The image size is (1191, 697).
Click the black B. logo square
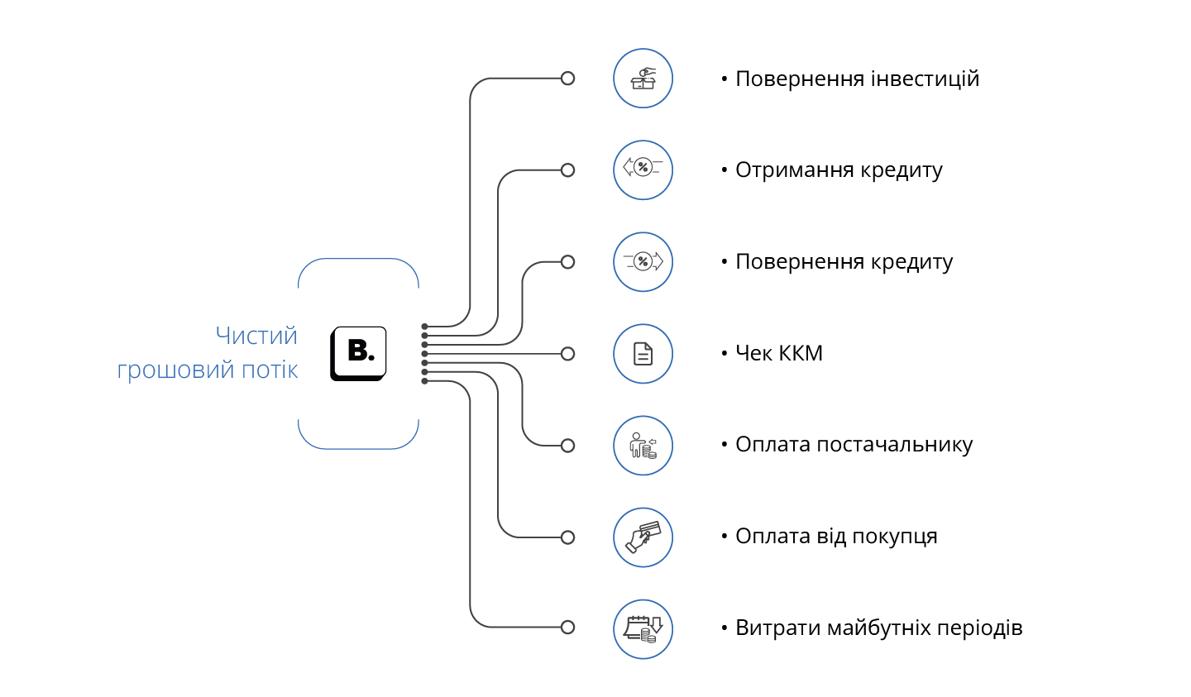point(359,353)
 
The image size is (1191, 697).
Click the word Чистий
point(256,336)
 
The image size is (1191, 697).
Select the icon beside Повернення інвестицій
point(643,79)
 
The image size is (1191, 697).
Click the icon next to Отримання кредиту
point(643,170)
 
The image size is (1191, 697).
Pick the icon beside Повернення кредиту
point(643,262)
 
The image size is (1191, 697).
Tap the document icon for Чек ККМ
point(643,354)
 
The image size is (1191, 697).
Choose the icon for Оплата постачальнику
point(643,446)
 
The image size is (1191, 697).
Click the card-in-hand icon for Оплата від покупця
point(643,537)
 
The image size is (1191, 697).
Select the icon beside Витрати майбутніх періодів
point(643,629)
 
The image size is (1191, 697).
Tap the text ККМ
point(801,354)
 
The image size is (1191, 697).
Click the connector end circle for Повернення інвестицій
point(567,79)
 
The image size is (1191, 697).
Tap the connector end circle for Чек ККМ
point(567,354)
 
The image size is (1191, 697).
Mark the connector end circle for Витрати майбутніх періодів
point(567,628)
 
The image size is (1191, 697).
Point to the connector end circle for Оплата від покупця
point(567,537)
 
